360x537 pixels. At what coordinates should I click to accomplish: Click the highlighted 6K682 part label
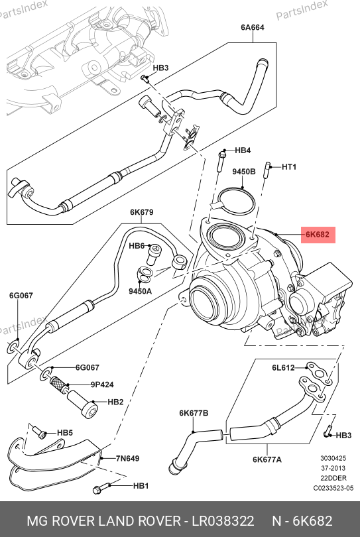[318, 235]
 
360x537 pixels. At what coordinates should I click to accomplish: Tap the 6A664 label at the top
[253, 27]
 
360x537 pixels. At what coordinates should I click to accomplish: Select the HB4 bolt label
[243, 150]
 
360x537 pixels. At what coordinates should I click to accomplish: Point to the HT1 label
[289, 167]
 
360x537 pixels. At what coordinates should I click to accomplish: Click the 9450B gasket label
[244, 172]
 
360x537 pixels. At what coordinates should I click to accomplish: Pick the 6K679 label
[141, 212]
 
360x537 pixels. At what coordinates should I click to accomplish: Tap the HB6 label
[137, 246]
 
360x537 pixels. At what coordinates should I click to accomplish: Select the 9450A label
[140, 291]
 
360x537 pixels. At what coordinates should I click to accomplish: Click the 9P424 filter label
[102, 385]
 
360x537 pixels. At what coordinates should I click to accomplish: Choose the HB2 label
[115, 402]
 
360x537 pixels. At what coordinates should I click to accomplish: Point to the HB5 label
[65, 432]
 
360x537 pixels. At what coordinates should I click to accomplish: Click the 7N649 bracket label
[127, 458]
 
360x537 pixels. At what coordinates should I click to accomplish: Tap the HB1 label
[141, 485]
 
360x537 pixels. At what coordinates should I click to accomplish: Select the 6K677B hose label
[194, 413]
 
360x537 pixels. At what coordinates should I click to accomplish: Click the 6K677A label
[267, 459]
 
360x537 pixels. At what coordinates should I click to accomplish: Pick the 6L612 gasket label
[283, 367]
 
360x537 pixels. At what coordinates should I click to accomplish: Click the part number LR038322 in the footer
[223, 521]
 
